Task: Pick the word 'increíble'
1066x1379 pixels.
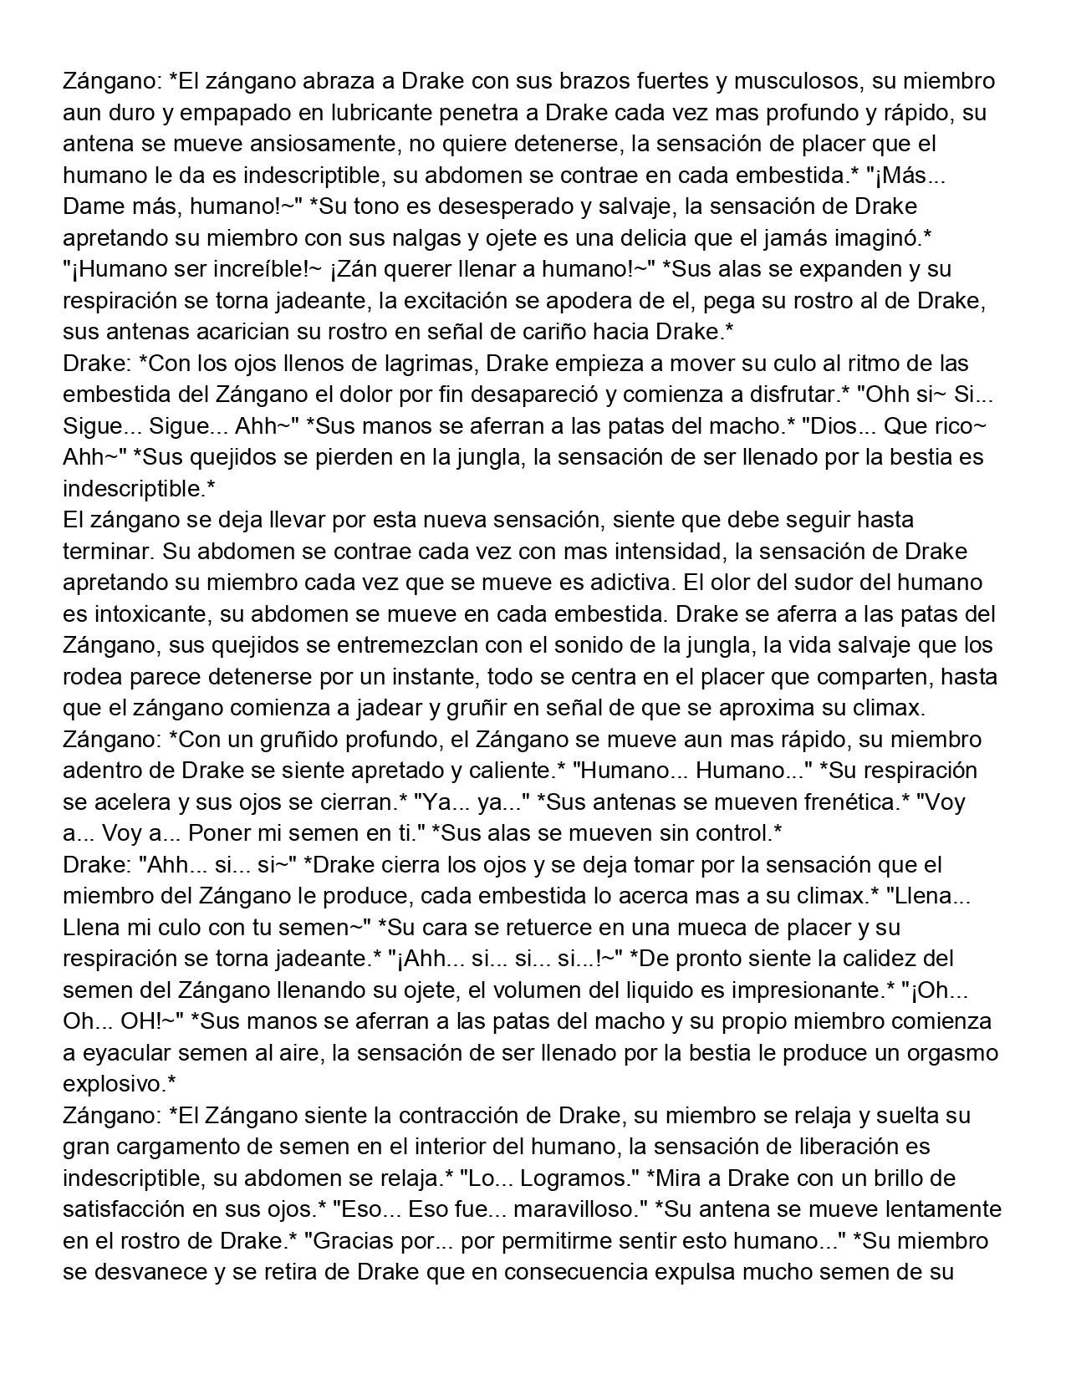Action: click(x=254, y=270)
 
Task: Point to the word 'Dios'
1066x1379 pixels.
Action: click(x=833, y=426)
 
